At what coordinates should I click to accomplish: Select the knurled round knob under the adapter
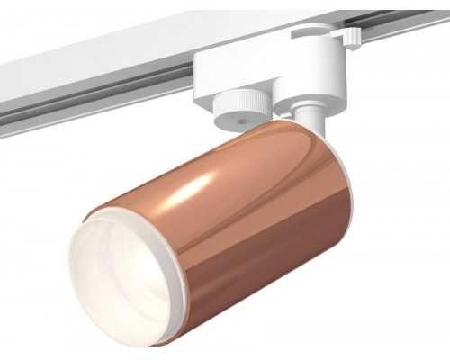[242, 100]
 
